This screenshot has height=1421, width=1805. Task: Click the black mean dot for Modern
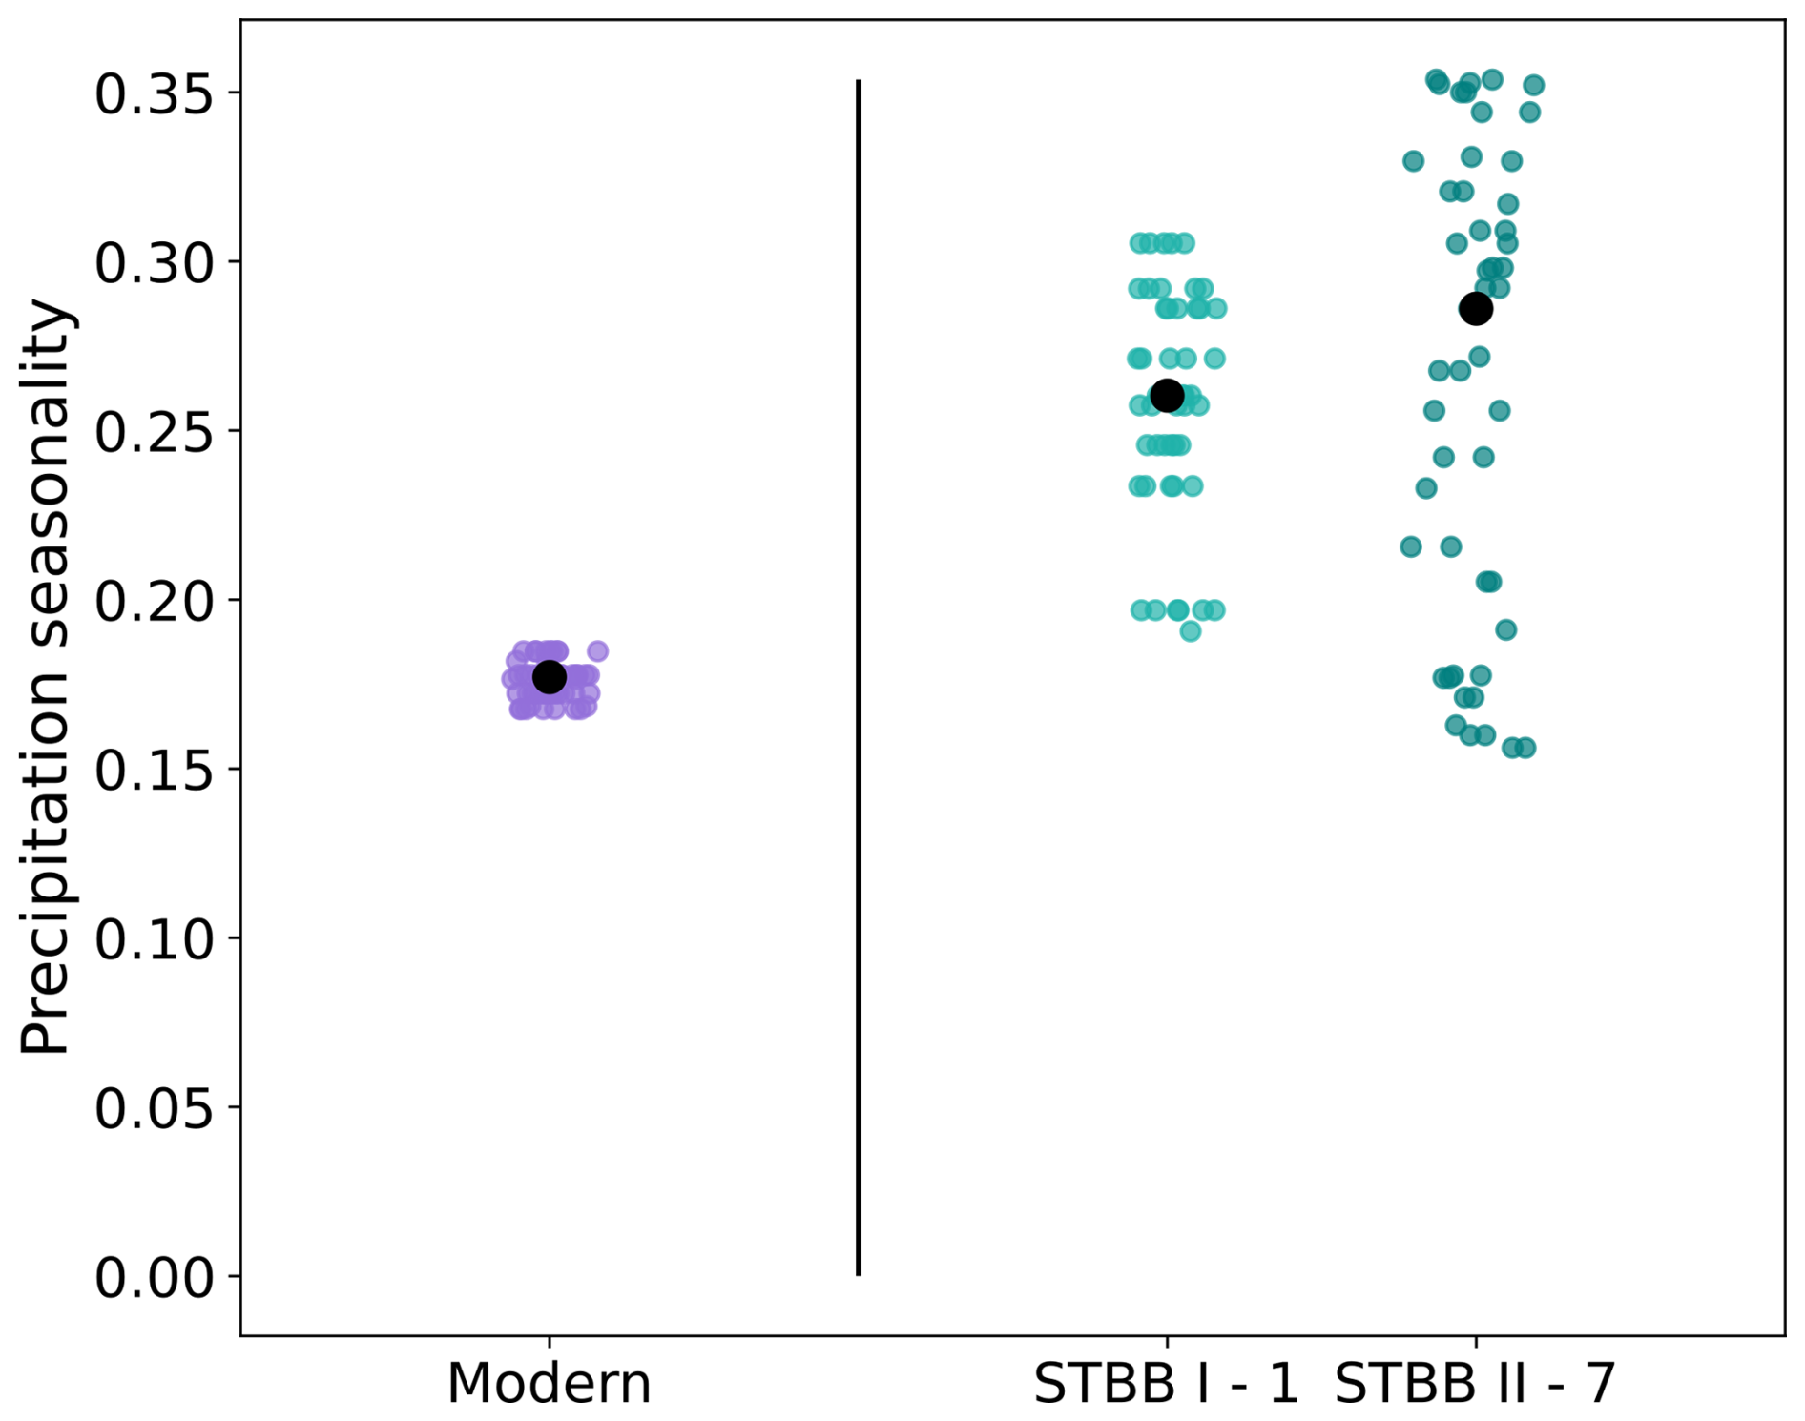[x=549, y=677]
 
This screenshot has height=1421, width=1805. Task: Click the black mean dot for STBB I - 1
[x=1167, y=395]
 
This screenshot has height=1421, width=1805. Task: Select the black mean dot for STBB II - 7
[x=1476, y=309]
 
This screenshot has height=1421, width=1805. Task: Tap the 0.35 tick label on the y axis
[x=153, y=94]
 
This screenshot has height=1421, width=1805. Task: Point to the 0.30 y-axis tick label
[x=153, y=263]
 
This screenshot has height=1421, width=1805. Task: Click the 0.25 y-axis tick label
[x=153, y=432]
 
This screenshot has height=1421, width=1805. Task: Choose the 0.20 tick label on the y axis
[x=153, y=601]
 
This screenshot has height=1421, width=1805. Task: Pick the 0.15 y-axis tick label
[x=153, y=770]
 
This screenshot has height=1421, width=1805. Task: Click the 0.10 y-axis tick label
[x=153, y=938]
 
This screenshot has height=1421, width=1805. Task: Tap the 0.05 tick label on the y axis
[x=153, y=1108]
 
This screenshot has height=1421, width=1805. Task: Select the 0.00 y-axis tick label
[x=153, y=1277]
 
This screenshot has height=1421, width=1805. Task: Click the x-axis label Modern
[x=549, y=1383]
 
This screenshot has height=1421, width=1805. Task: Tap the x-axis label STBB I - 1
[x=1166, y=1383]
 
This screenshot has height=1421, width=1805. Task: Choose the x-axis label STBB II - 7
[x=1475, y=1383]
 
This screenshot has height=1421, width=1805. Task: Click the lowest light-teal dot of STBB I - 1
[x=1191, y=631]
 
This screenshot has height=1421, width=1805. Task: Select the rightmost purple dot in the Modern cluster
[x=598, y=651]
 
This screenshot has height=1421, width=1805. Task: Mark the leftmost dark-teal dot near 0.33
[x=1413, y=161]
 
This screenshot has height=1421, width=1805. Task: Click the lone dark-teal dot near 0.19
[x=1505, y=630]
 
